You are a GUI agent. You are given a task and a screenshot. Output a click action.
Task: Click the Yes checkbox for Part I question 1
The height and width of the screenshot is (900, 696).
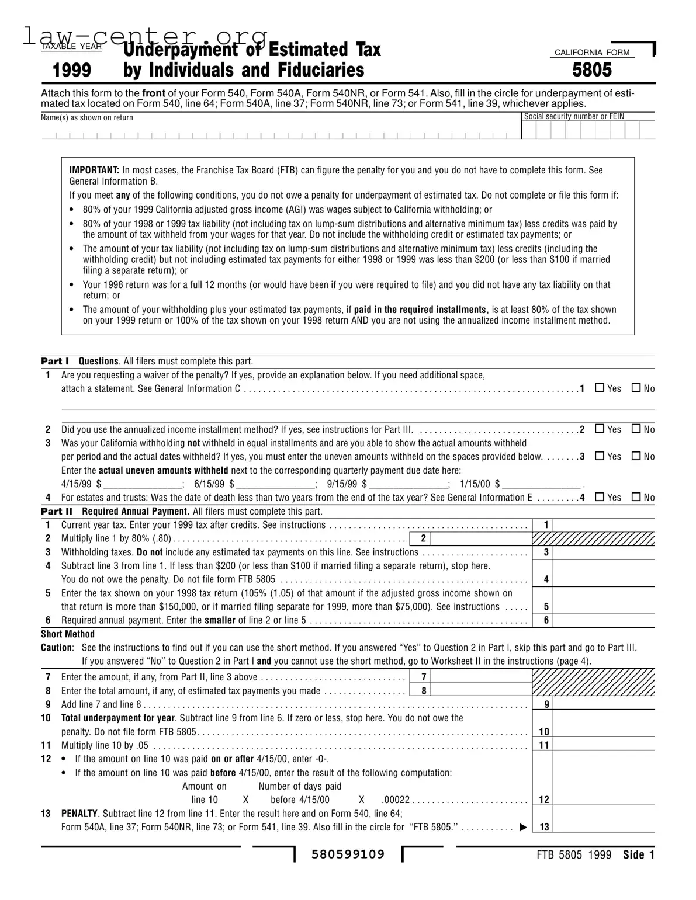pos(599,388)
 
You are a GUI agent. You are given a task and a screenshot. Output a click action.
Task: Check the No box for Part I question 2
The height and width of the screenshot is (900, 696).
pos(636,429)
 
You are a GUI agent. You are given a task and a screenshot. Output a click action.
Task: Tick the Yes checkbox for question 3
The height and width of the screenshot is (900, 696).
pos(599,456)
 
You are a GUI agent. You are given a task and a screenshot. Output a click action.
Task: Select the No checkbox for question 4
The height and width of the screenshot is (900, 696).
pos(636,497)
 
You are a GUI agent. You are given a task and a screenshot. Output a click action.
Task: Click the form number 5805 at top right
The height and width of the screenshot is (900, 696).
pos(592,70)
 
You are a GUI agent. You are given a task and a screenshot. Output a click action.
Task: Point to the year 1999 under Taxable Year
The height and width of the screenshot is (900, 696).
pos(72,71)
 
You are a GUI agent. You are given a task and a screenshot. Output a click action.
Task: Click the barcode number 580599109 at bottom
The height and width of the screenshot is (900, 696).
pos(348,854)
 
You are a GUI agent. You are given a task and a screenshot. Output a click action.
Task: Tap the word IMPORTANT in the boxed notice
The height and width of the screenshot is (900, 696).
pos(94,170)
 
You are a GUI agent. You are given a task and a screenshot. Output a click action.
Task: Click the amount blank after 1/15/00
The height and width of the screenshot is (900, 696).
pos(541,484)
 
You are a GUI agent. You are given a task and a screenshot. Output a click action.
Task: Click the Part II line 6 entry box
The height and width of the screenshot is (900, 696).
pos(603,620)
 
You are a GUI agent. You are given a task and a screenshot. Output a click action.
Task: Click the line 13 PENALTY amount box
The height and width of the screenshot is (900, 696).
pos(603,826)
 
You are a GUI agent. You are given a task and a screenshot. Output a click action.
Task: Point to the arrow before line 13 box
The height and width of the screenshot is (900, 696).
pos(523,827)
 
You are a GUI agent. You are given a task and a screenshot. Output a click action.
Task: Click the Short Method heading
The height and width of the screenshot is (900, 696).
pos(68,634)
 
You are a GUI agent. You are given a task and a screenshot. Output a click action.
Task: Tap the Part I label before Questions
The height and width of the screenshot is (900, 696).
pos(55,361)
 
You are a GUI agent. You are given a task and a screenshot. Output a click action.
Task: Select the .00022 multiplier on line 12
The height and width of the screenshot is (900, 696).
pos(396,800)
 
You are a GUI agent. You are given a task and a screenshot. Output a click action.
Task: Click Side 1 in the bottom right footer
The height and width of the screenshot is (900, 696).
pos(638,855)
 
